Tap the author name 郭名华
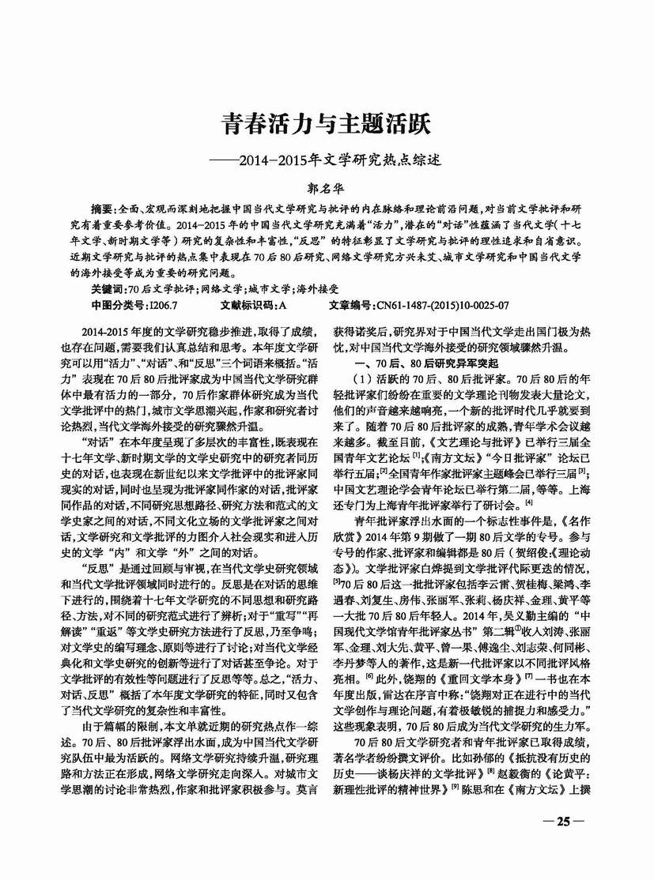coord(327,189)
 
